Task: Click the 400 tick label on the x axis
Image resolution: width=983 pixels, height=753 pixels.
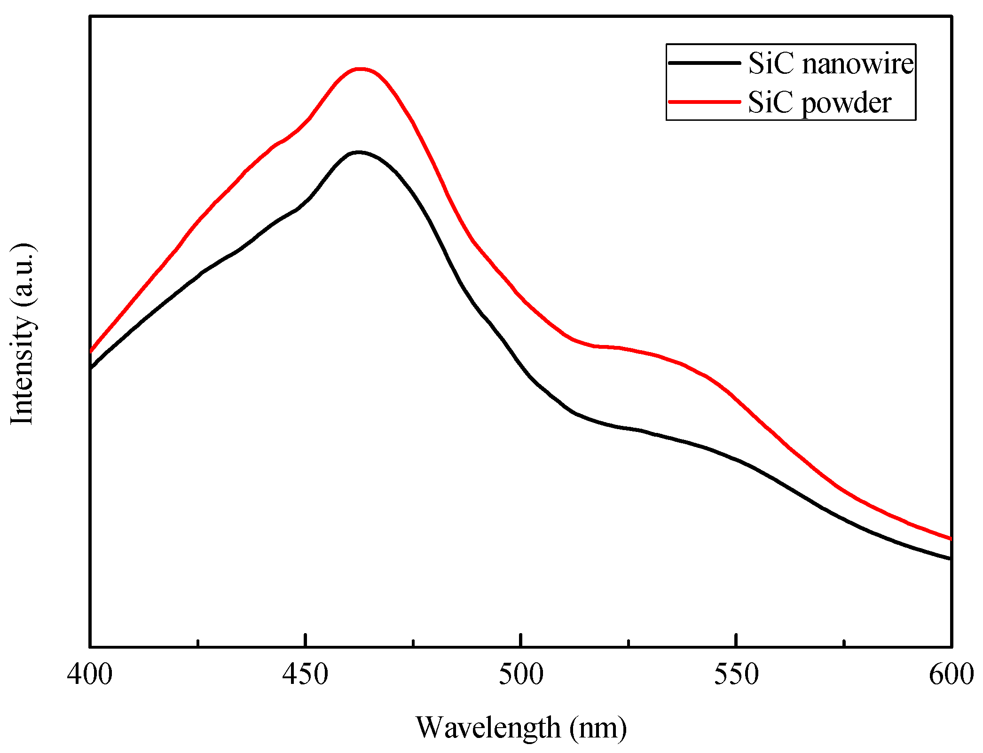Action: coord(89,675)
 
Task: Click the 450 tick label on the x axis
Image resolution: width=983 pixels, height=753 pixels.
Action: coord(305,675)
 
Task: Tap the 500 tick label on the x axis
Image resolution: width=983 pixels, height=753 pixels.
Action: coord(520,675)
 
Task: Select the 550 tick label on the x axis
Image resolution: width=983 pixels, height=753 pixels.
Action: coord(736,675)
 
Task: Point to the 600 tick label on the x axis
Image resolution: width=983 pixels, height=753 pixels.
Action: coord(951,675)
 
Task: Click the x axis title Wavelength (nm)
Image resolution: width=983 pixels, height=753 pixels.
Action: coord(521,728)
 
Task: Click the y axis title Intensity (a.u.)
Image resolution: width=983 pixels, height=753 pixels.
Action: coord(22,334)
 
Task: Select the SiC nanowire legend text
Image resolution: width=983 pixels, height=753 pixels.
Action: coord(831,63)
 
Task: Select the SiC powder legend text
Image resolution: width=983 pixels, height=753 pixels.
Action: coord(819,102)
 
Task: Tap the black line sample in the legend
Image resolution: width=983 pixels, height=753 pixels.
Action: coord(704,63)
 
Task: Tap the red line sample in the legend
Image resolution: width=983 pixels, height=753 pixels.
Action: coord(704,102)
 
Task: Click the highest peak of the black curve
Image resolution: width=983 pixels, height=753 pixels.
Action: coord(359,152)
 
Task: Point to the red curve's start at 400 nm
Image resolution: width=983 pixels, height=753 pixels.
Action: coord(91,351)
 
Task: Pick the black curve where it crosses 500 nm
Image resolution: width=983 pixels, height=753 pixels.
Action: coord(521,363)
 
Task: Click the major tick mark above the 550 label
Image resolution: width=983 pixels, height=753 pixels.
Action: coord(736,640)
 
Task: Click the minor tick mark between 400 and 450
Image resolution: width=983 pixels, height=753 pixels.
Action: coord(198,643)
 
